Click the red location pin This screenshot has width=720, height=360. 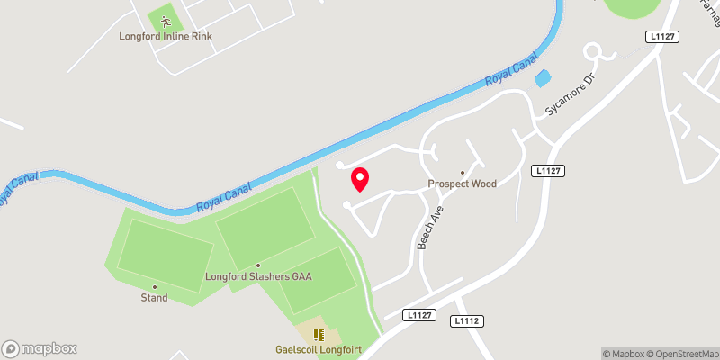tap(360, 179)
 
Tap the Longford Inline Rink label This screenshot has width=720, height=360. tap(166, 37)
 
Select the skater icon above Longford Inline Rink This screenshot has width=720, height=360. tap(166, 20)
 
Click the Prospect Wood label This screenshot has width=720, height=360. tap(462, 184)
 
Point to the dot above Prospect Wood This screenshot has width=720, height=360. tap(463, 173)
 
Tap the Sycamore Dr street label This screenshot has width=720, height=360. tap(571, 95)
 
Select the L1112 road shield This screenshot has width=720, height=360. tap(469, 320)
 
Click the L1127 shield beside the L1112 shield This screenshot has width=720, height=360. tap(420, 314)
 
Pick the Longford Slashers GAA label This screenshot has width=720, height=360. tap(258, 276)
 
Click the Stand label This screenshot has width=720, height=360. tap(154, 298)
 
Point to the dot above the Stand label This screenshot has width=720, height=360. tap(154, 286)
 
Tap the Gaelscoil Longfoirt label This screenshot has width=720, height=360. tap(317, 350)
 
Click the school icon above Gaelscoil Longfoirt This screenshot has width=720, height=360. tap(317, 335)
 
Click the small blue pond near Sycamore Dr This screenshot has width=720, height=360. tap(542, 78)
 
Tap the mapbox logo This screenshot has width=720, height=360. tap(40, 348)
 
